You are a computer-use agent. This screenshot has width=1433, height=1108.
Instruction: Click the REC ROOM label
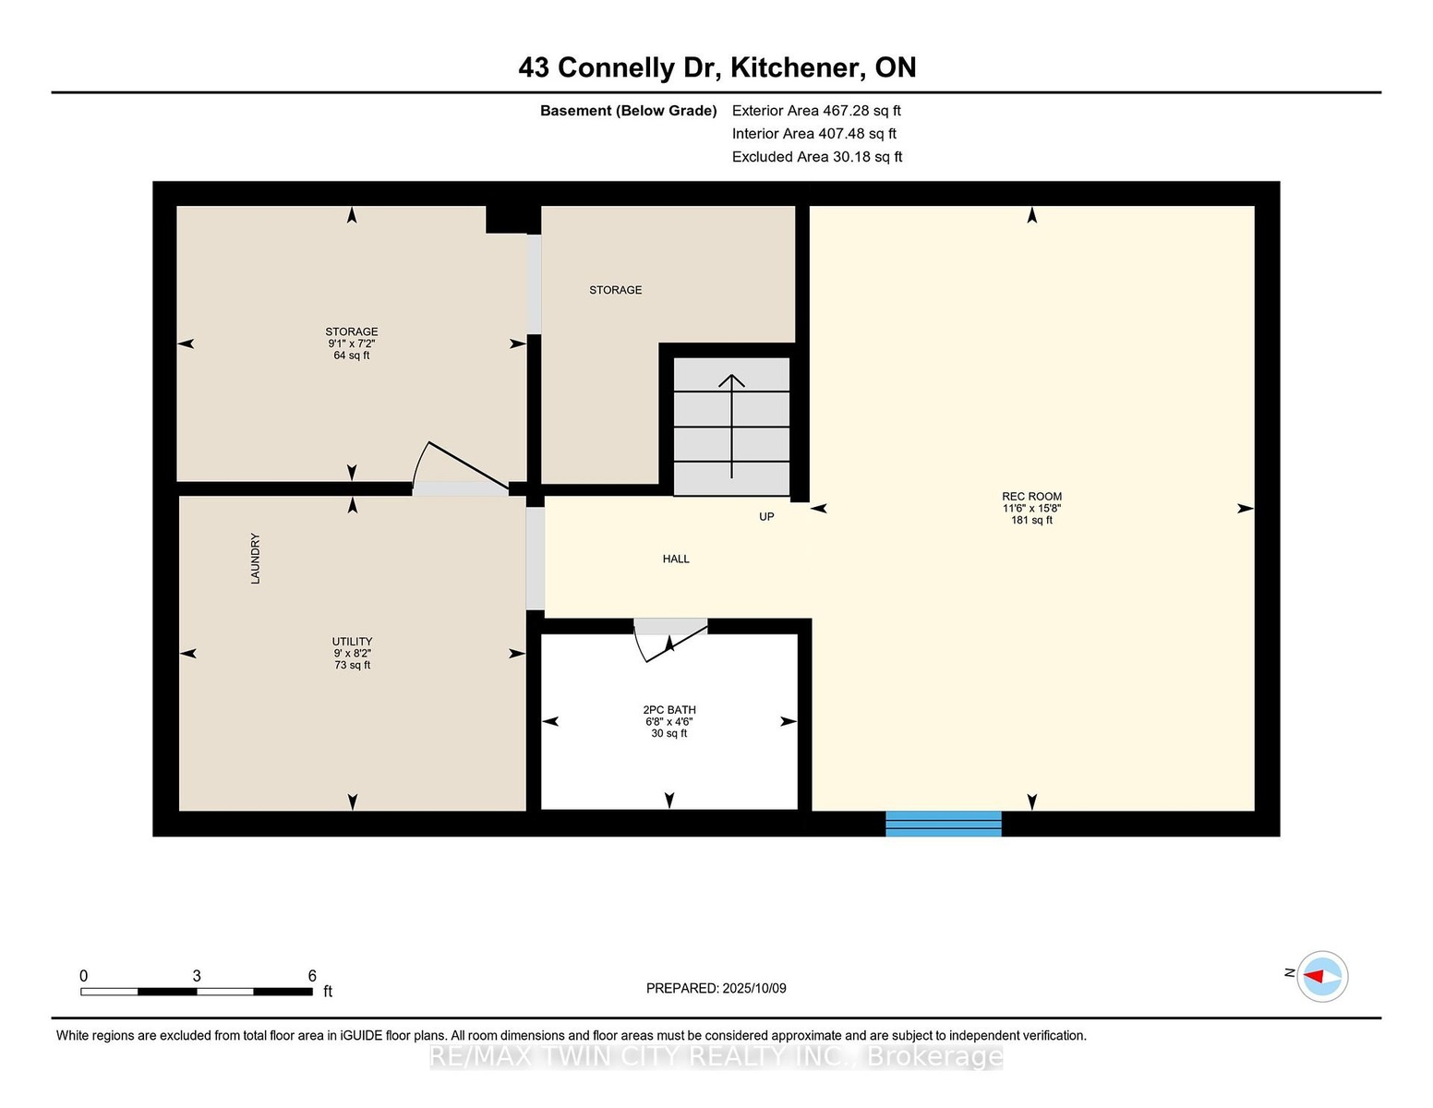[x=1031, y=497]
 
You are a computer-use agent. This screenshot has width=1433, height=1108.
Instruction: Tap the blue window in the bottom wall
[x=943, y=824]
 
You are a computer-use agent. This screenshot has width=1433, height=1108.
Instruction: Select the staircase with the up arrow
[x=731, y=426]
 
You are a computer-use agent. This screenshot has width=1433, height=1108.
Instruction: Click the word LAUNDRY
[x=255, y=559]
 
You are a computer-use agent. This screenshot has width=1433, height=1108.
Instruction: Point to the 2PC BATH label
[x=669, y=710]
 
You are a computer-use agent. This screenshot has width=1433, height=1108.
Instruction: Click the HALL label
[x=676, y=559]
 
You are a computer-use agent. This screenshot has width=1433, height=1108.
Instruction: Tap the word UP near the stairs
[x=766, y=517]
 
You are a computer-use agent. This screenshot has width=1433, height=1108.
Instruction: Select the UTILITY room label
[x=352, y=642]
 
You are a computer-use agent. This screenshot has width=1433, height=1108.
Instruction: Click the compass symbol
[x=1322, y=976]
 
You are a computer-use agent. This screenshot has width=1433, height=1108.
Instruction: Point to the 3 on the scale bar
[x=197, y=976]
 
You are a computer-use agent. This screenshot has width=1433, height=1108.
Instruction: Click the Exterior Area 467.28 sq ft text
[x=816, y=111]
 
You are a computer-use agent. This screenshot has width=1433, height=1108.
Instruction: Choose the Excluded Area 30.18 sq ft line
[x=817, y=157]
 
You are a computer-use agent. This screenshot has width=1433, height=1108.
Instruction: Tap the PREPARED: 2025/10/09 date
[x=716, y=988]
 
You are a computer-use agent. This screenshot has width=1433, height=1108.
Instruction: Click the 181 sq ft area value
[x=1032, y=520]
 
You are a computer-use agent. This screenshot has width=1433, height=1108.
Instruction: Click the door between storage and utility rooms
[x=461, y=468]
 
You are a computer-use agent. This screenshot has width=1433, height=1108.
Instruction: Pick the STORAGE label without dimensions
[x=615, y=290]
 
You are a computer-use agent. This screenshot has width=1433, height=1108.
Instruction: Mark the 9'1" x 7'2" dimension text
[x=352, y=343]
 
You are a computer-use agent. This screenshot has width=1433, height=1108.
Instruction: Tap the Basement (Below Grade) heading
[x=629, y=111]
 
